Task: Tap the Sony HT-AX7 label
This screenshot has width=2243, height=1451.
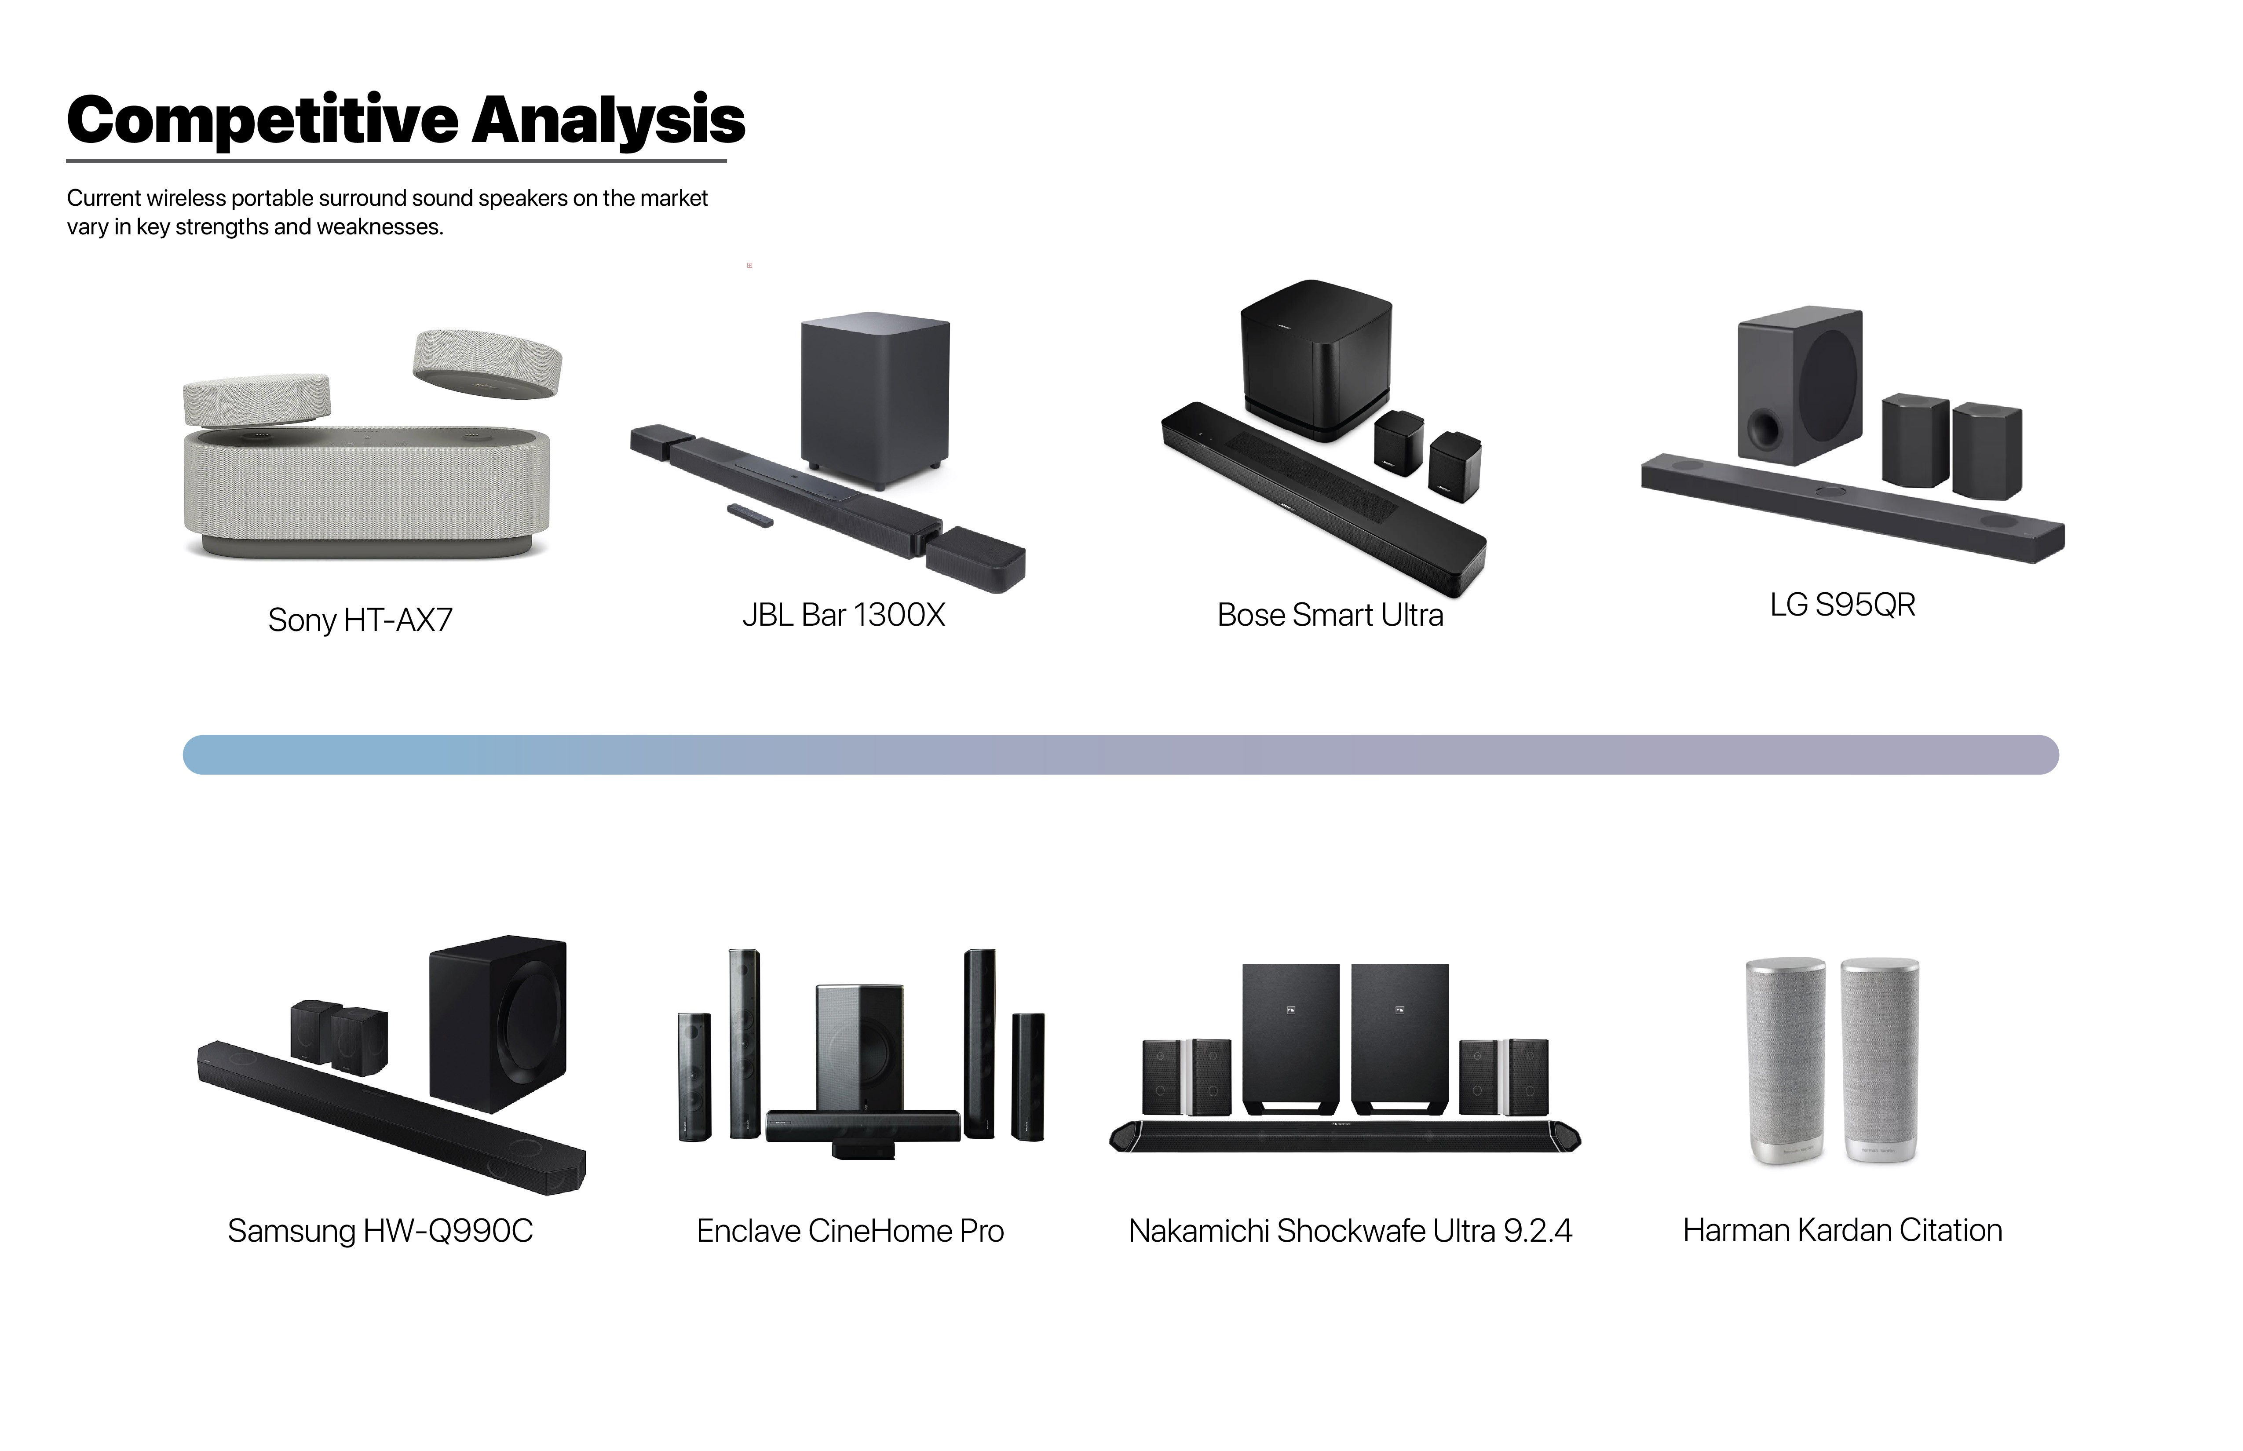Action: (x=360, y=620)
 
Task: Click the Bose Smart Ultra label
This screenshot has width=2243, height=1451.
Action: (x=1330, y=615)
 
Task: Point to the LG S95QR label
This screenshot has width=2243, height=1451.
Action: (x=1842, y=605)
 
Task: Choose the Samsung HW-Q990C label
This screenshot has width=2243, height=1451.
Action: (x=380, y=1231)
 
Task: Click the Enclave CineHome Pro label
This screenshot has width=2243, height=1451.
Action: (x=850, y=1231)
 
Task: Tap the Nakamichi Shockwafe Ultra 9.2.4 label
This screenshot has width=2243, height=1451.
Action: (x=1350, y=1231)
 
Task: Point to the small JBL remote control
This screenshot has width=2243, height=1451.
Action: (x=750, y=514)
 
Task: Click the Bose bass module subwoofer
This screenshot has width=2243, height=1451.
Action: (x=1315, y=358)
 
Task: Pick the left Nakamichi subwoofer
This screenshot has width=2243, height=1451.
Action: (x=1290, y=1036)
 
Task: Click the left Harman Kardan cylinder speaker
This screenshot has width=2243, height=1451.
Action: (x=1785, y=1060)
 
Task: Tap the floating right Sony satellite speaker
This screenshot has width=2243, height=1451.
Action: (x=487, y=363)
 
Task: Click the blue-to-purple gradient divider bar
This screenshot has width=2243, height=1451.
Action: (x=1121, y=755)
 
